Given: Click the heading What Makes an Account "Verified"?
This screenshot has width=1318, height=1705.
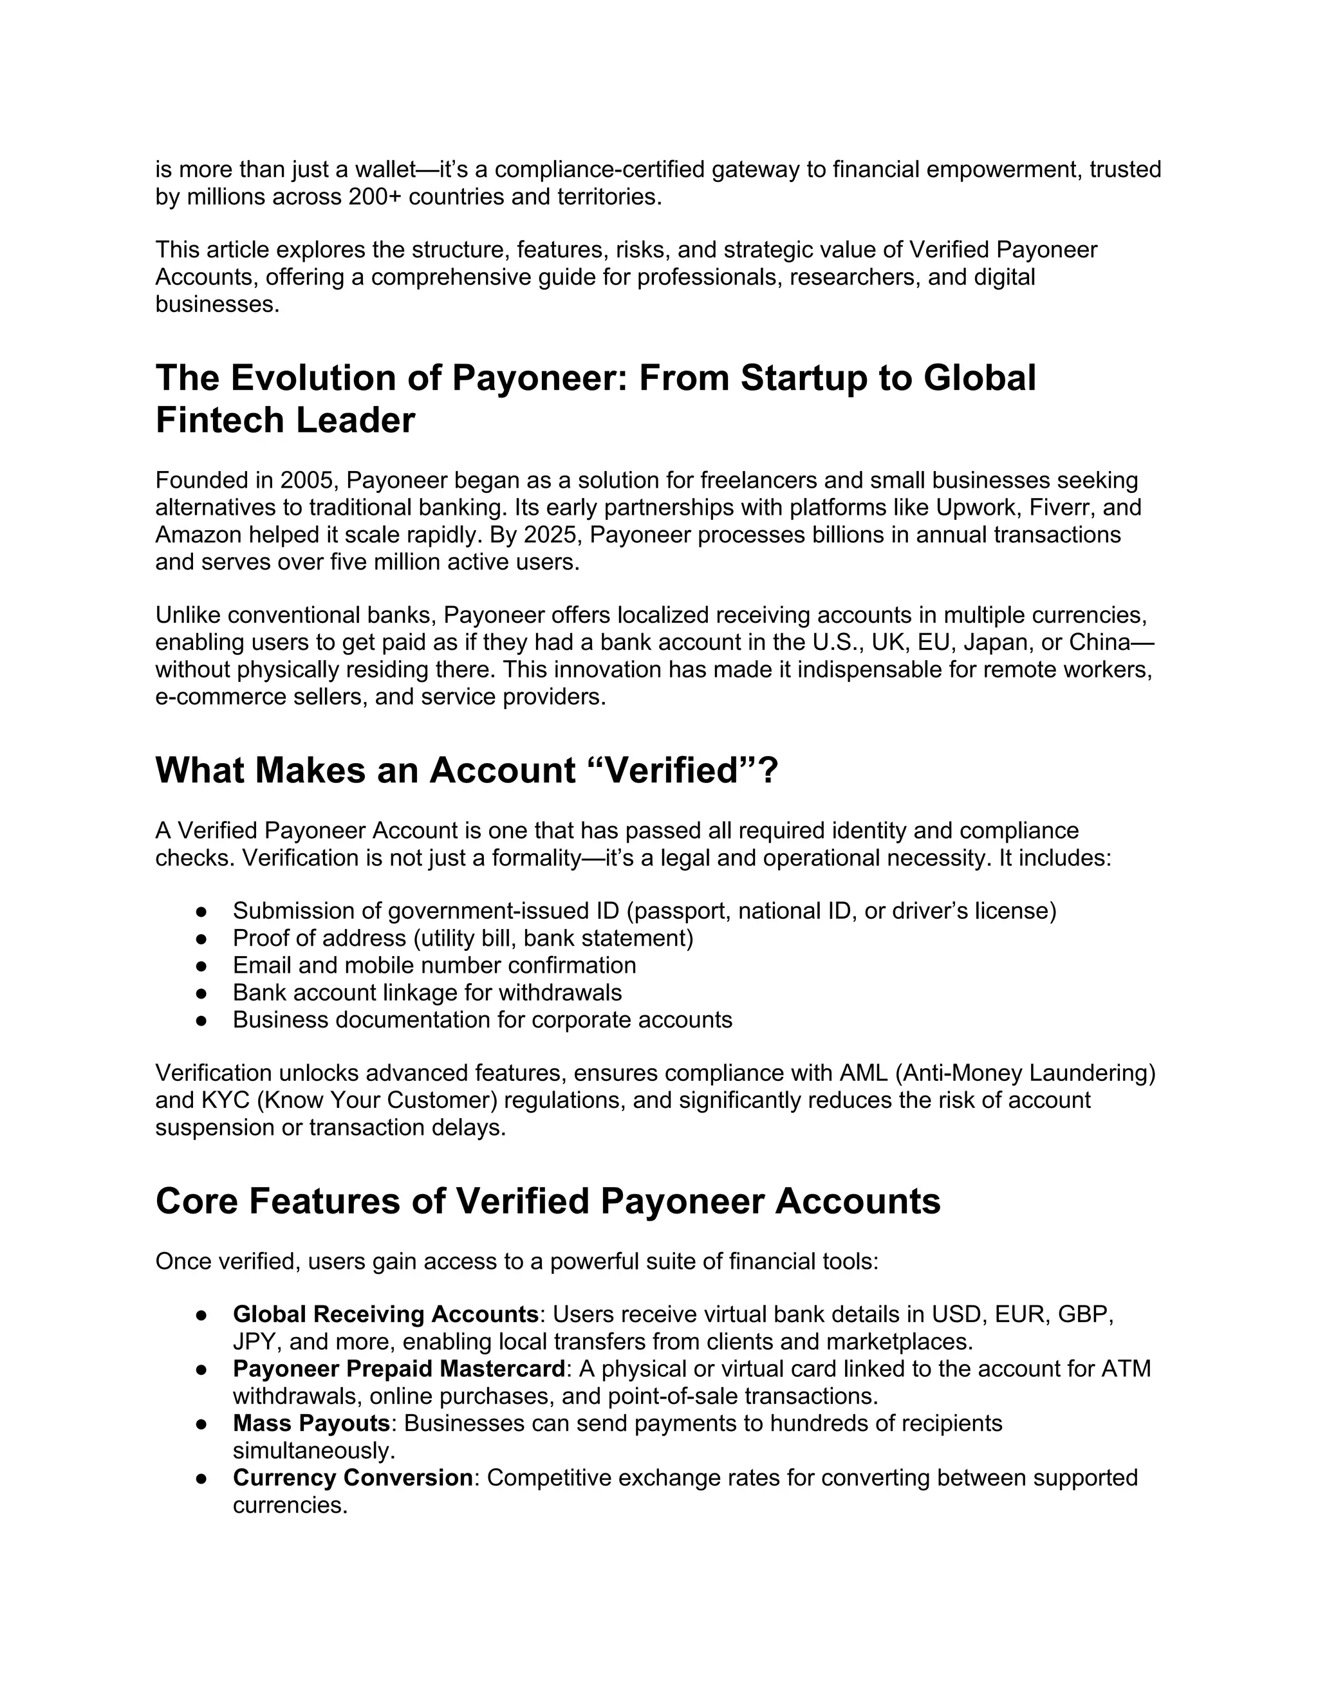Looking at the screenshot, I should pos(467,771).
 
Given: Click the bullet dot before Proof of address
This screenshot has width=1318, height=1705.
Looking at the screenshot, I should pos(201,938).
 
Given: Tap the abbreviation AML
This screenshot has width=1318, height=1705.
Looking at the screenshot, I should pos(863,1073).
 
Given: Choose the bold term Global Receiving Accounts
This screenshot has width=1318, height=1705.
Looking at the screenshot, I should pos(385,1314).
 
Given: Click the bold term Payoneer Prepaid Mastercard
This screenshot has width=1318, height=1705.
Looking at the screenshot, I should pos(398,1369).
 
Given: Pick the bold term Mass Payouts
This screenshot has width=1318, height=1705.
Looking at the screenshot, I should pos(311,1424).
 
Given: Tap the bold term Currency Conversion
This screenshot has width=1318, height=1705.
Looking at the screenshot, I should pos(353,1478).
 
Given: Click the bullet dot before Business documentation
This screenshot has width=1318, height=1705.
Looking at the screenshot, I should pos(201,1020).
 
